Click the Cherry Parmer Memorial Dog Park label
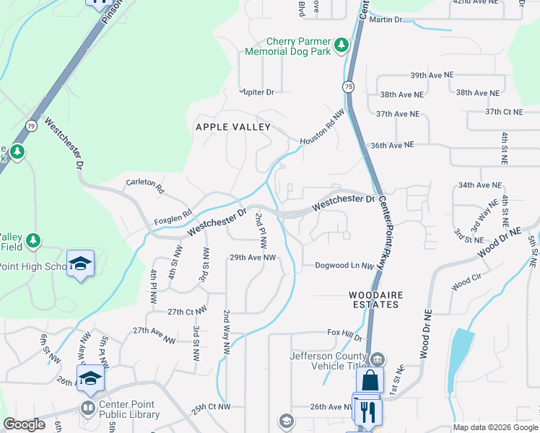[287, 47]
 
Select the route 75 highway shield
[349, 87]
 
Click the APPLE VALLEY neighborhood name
[233, 127]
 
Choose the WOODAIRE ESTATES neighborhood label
[374, 299]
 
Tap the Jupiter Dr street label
[258, 92]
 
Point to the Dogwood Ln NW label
[344, 266]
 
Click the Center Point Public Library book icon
[87, 408]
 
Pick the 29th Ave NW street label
[253, 258]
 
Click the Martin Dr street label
[385, 19]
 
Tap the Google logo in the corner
[24, 424]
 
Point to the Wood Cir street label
[466, 280]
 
